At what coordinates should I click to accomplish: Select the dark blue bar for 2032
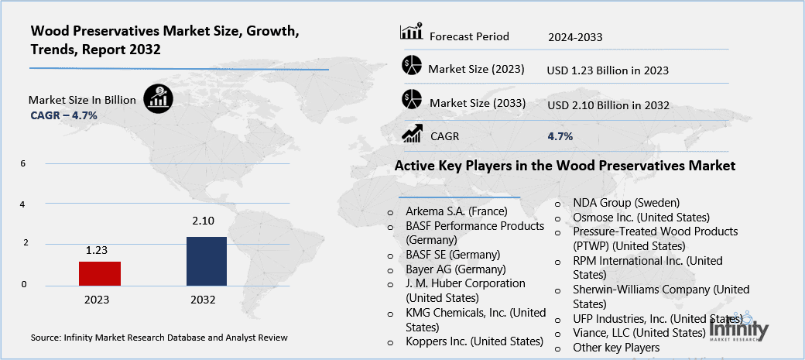click(x=207, y=261)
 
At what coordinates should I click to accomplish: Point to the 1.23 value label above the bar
click(x=98, y=250)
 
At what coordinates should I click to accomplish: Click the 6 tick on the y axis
click(x=23, y=164)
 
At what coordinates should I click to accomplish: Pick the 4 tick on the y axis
click(x=23, y=204)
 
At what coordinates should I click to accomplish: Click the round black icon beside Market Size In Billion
click(x=159, y=98)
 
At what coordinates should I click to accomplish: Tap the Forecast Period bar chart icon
click(x=410, y=33)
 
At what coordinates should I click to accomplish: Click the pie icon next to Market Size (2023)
click(x=411, y=67)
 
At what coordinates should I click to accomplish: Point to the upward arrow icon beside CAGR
click(x=411, y=135)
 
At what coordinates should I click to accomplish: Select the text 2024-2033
click(x=575, y=36)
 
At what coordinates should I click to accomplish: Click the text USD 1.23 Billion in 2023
click(x=608, y=70)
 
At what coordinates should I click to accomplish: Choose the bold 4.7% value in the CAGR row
click(x=560, y=136)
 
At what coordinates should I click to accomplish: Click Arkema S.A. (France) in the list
click(x=457, y=211)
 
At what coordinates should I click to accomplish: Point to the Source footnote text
click(x=159, y=338)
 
